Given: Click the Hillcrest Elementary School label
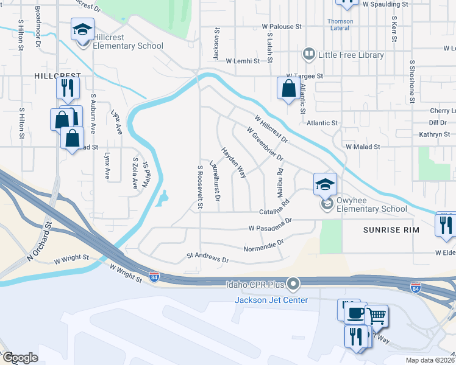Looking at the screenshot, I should (x=128, y=46).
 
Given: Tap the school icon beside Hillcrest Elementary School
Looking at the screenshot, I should (x=82, y=29).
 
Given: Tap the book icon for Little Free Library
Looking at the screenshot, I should (x=310, y=55).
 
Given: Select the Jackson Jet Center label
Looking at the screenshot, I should (x=272, y=301).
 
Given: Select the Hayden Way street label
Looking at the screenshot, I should (x=233, y=162).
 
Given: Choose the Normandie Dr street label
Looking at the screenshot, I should (x=263, y=245).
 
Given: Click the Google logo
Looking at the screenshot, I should (x=20, y=358).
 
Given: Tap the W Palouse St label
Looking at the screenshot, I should (x=282, y=27).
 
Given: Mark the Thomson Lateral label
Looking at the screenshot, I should (x=340, y=24).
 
